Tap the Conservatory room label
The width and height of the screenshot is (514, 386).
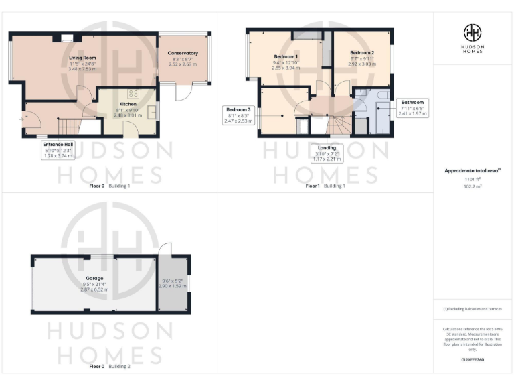(183, 53)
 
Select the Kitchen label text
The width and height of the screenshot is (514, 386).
(128, 105)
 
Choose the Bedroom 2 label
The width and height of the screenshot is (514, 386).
(361, 52)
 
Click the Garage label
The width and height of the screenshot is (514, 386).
(94, 277)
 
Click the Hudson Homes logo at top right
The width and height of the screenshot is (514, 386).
(473, 38)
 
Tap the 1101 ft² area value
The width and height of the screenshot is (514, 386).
(473, 180)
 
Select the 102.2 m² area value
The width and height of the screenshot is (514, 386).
(473, 187)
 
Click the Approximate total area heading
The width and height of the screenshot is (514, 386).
(473, 171)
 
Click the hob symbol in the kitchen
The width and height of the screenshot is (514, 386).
(133, 94)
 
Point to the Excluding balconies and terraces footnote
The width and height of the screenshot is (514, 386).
(473, 309)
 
